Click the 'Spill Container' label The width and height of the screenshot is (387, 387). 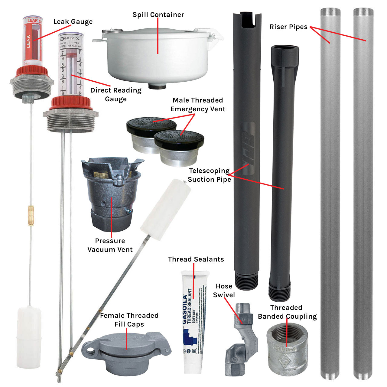(x=158, y=15)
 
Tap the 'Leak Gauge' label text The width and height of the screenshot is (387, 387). (x=73, y=22)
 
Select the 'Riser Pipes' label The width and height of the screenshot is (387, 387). (x=288, y=27)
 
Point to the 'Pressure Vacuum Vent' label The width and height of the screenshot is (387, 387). (x=110, y=245)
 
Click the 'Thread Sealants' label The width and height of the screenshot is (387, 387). (x=196, y=259)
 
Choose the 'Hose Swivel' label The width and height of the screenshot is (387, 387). (x=224, y=291)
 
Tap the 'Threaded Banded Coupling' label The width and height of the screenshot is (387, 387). (x=287, y=312)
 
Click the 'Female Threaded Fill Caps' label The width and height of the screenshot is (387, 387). (x=129, y=320)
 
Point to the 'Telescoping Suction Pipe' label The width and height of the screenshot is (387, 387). (x=209, y=175)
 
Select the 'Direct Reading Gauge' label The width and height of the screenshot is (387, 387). (x=116, y=95)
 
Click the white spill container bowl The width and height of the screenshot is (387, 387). (x=157, y=60)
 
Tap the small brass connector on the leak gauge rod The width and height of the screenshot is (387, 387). (x=31, y=215)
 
